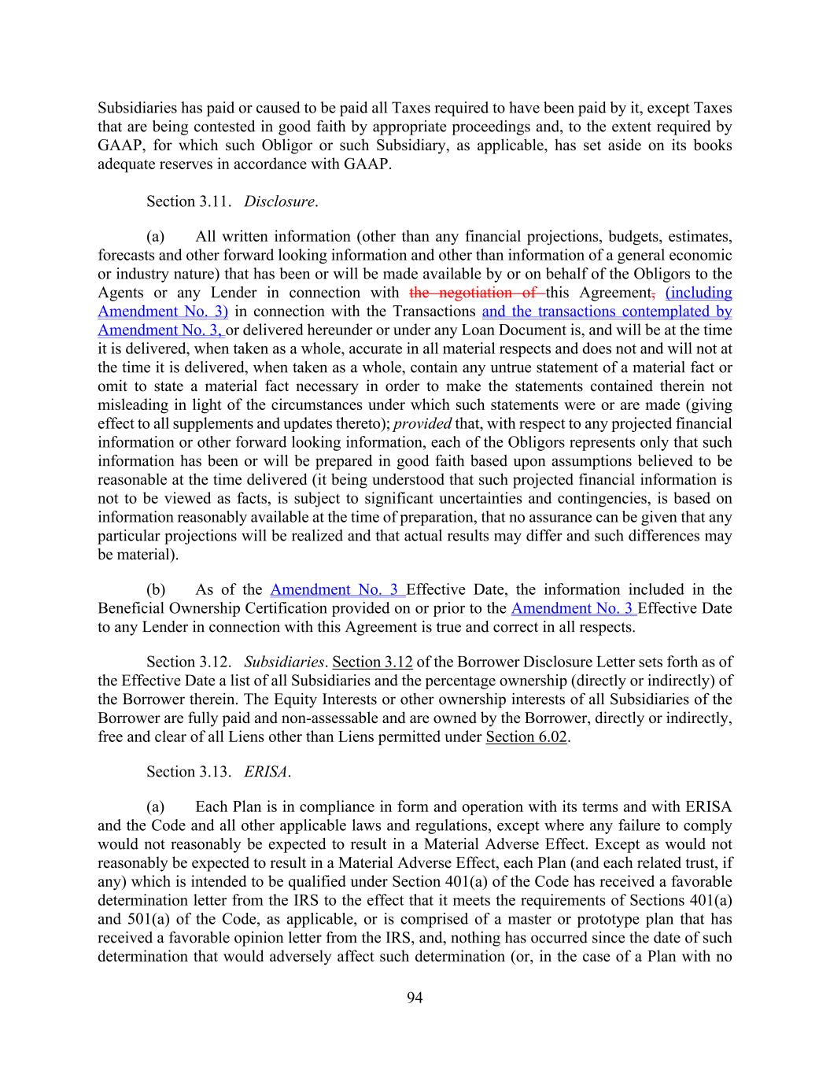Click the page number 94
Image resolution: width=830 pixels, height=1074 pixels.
[415, 998]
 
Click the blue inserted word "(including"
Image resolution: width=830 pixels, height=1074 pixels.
[699, 293]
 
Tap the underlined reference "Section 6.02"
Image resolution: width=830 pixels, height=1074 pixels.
[526, 737]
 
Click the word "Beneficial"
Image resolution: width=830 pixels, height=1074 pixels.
[131, 608]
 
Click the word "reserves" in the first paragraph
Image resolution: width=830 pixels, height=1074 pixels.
[180, 164]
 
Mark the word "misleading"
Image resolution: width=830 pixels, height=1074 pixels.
[133, 405]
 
